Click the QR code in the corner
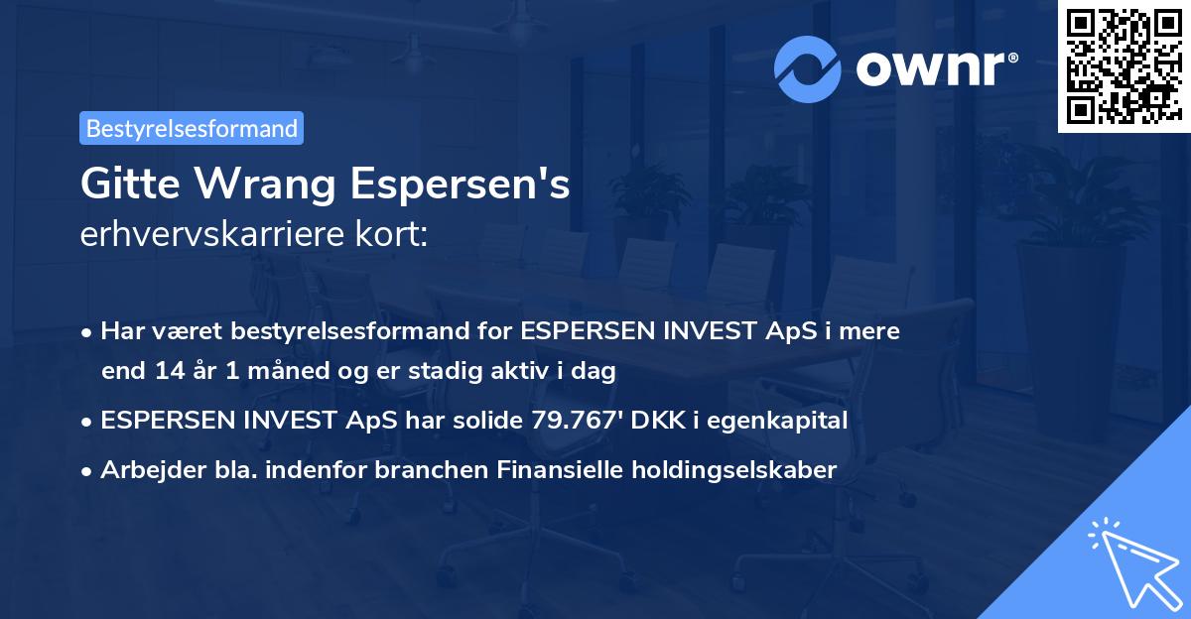(x=1124, y=66)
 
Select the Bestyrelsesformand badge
(x=192, y=128)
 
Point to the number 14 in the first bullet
(x=163, y=372)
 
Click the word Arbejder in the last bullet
(x=146, y=470)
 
